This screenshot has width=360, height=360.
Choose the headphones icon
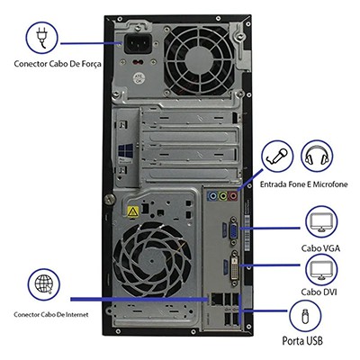(x=317, y=157)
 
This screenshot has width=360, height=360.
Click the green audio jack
(x=221, y=195)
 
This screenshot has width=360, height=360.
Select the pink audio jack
(x=234, y=195)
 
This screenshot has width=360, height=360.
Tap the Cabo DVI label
(x=319, y=292)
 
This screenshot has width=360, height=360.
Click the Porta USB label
(x=302, y=342)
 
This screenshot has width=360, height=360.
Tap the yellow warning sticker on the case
(x=132, y=211)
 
